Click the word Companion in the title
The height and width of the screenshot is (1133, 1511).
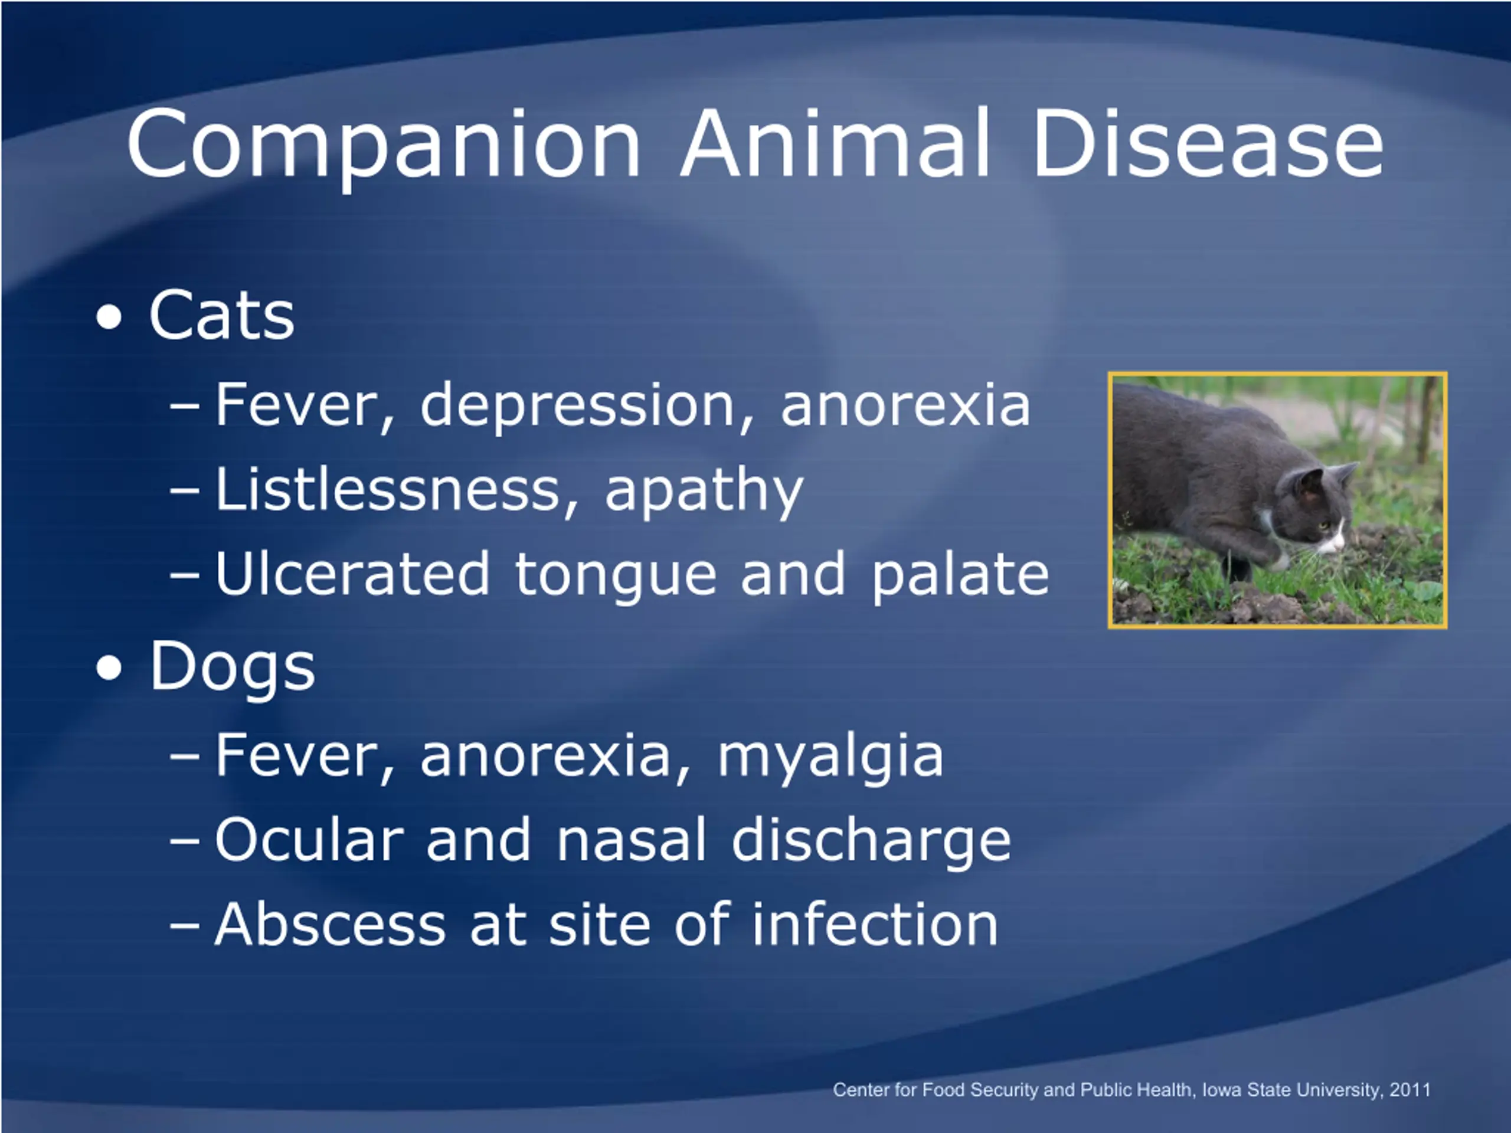(x=384, y=146)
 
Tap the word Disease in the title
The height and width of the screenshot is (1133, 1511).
(x=1207, y=143)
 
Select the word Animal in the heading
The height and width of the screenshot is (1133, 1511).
(x=835, y=143)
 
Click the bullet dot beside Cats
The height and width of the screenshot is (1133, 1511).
(x=109, y=317)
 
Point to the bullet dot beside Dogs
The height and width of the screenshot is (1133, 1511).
(x=109, y=669)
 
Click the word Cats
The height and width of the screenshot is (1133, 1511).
(x=221, y=315)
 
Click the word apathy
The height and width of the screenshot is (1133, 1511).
(x=704, y=492)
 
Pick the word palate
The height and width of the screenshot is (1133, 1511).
(x=959, y=577)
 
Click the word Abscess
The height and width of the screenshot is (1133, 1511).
(x=330, y=924)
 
